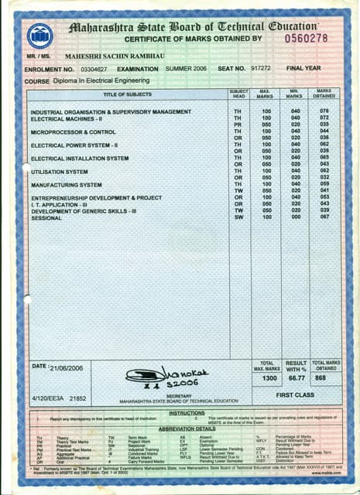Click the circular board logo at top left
tap(40, 36)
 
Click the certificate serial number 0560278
tap(307, 38)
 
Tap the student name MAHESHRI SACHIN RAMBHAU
tap(115, 56)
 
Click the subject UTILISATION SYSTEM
tap(59, 172)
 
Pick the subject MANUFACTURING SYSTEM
tap(66, 185)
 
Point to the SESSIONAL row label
tap(46, 218)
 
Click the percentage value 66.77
tap(296, 379)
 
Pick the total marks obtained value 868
tap(325, 379)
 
